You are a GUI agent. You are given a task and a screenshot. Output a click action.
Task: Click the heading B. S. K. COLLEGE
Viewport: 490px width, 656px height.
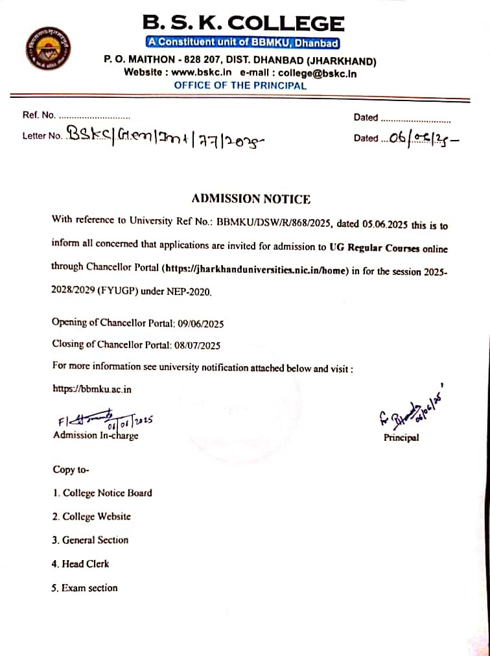click(x=243, y=24)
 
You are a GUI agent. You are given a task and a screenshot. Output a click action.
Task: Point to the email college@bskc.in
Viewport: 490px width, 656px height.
click(x=317, y=73)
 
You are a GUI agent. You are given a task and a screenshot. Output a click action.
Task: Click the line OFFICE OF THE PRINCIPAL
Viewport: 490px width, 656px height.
click(x=240, y=85)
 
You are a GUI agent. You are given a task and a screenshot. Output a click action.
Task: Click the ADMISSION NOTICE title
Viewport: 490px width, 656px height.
click(x=251, y=199)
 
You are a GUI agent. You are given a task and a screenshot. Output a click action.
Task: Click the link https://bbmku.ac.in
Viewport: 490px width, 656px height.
click(x=92, y=389)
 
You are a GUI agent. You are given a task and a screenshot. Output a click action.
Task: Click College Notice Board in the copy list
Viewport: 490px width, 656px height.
click(x=107, y=493)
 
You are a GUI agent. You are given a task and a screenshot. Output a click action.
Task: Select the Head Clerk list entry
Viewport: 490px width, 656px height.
click(x=86, y=564)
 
